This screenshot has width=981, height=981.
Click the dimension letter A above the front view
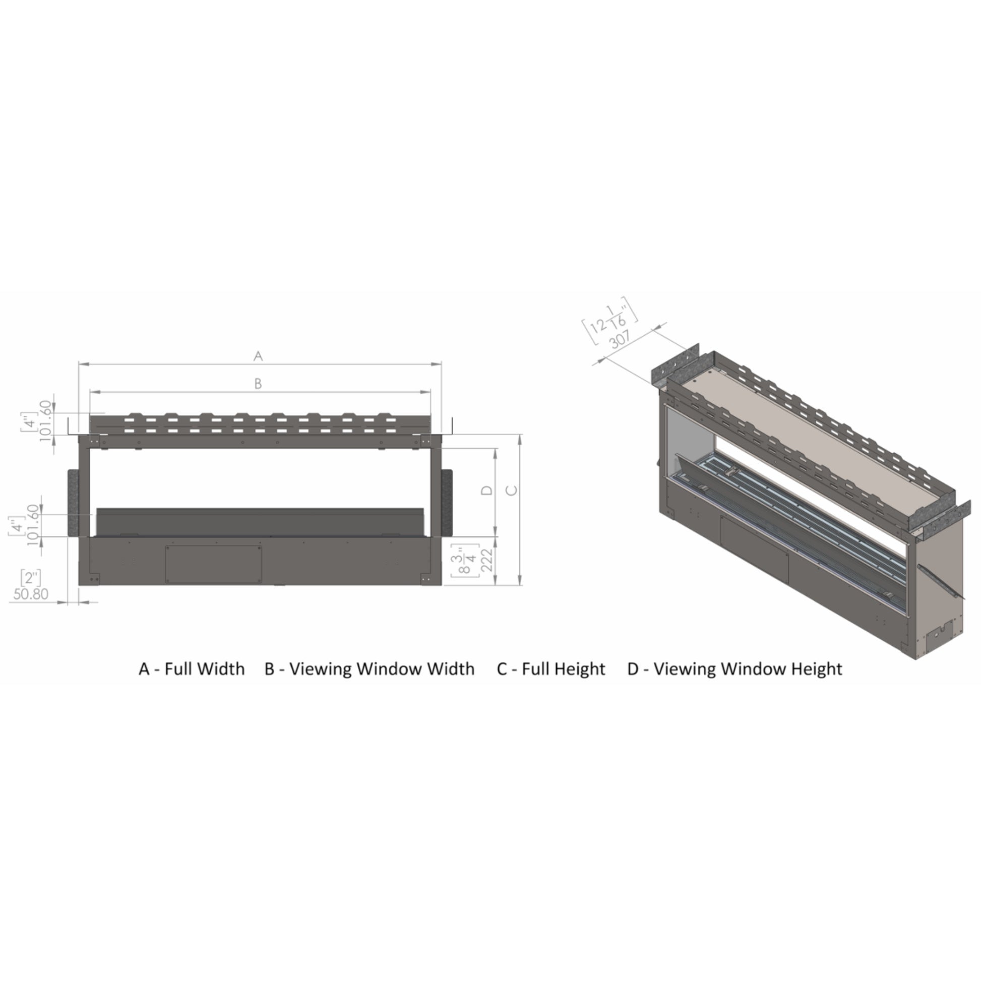258,356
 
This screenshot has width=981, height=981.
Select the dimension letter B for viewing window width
258,384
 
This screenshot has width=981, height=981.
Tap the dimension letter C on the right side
512,490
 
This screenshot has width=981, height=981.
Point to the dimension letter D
487,490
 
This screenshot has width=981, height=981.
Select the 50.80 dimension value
31,593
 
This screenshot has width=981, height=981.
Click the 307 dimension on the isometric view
620,339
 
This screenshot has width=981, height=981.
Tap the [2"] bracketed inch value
31,578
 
